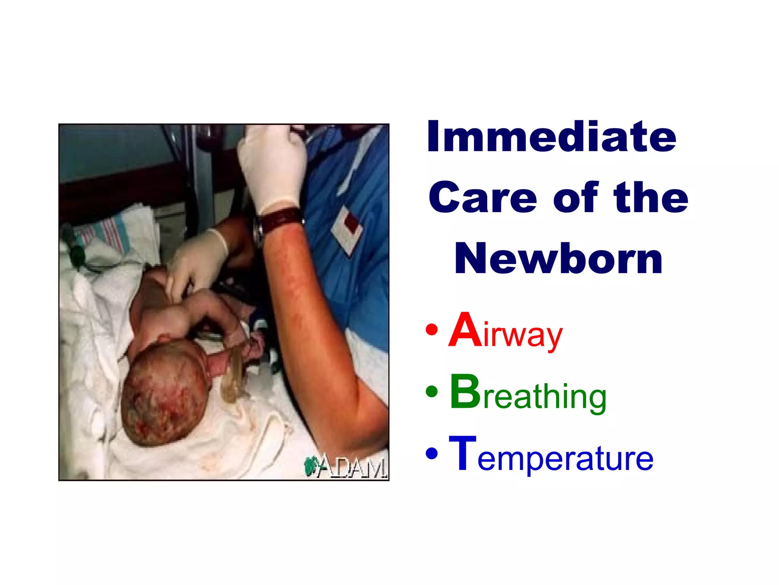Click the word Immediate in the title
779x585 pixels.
point(552,136)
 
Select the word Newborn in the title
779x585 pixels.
point(558,259)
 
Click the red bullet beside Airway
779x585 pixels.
point(432,330)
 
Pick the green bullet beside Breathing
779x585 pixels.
point(432,392)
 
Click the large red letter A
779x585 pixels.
point(465,330)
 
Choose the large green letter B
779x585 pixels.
point(465,392)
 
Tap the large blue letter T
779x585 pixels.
point(463,453)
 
